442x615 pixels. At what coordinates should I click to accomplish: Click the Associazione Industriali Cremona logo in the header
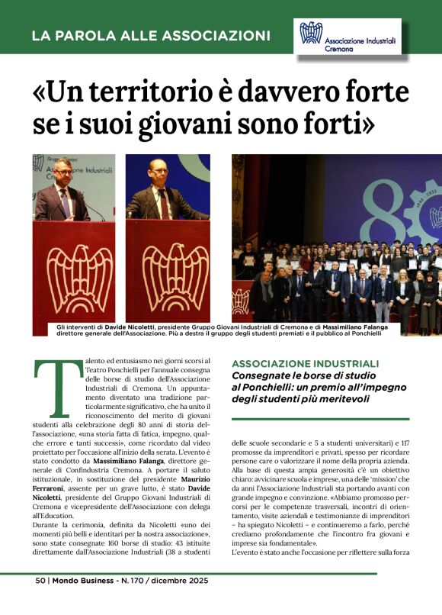(347, 37)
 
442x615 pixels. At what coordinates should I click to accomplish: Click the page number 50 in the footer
(41, 601)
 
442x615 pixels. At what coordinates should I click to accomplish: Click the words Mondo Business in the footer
(85, 601)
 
